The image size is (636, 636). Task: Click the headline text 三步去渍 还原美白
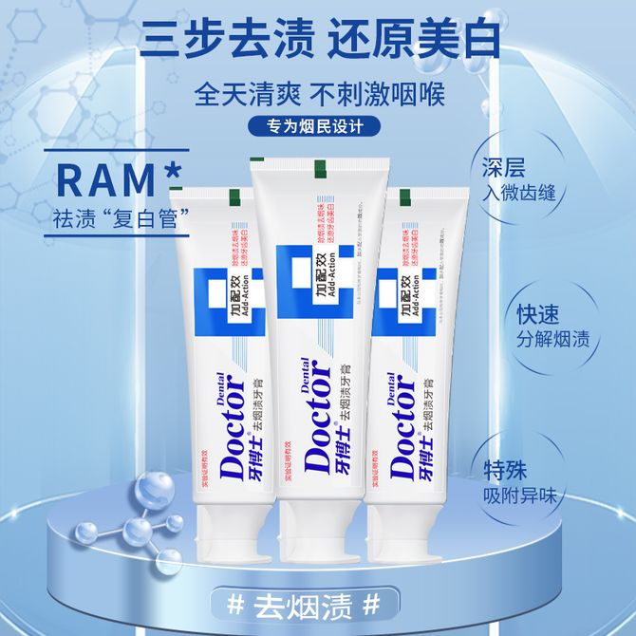click(317, 40)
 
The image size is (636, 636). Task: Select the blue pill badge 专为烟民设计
click(317, 126)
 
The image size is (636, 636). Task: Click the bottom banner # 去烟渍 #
click(317, 604)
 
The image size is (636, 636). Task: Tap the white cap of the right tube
click(418, 532)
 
